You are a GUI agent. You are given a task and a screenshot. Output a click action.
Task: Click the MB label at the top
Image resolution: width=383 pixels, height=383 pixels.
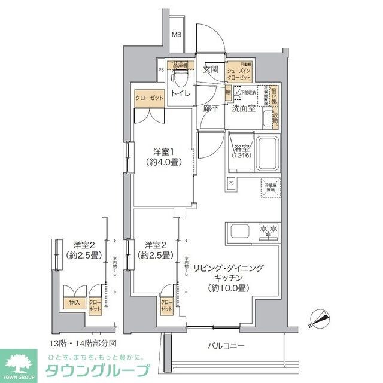coord(177,35)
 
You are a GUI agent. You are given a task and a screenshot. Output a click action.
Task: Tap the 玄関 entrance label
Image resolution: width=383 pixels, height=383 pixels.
coord(210,69)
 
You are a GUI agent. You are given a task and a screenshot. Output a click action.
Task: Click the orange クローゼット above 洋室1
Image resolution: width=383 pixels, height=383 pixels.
coord(147,99)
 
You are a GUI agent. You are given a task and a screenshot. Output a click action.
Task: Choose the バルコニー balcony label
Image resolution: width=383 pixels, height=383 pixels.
coord(226,346)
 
